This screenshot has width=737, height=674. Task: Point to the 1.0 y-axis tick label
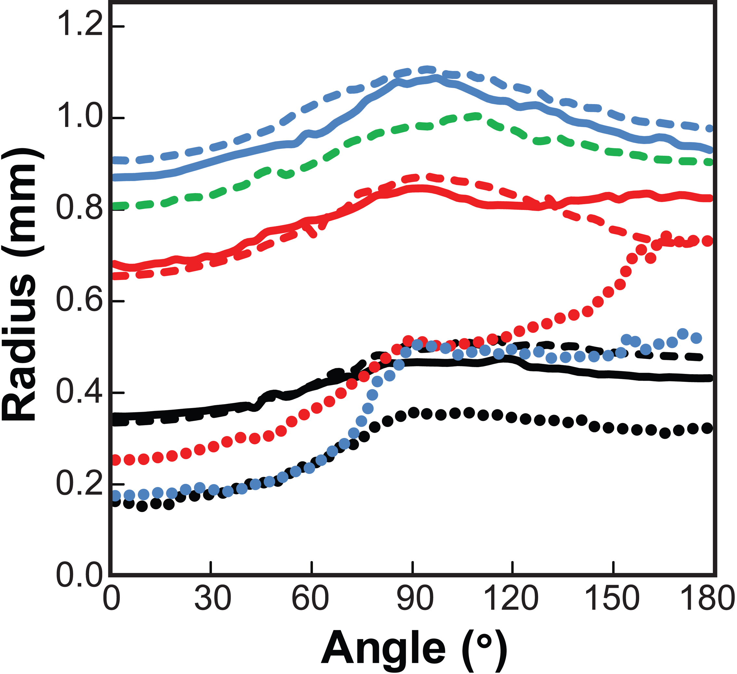pyautogui.click(x=78, y=118)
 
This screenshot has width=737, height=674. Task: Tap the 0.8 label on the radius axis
pyautogui.click(x=78, y=209)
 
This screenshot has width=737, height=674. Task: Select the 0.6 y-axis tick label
pyautogui.click(x=78, y=301)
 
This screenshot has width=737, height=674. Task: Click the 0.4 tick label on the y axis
pyautogui.click(x=78, y=392)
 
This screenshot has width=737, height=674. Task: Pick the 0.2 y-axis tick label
pyautogui.click(x=78, y=484)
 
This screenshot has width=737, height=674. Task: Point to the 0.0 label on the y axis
pyautogui.click(x=78, y=575)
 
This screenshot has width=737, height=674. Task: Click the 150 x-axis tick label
pyautogui.click(x=613, y=610)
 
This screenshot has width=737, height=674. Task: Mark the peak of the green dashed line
pyautogui.click(x=475, y=117)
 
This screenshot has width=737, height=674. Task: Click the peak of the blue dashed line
pyautogui.click(x=427, y=69)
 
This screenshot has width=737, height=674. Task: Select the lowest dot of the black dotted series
pyautogui.click(x=143, y=507)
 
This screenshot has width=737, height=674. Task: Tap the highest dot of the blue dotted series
pyautogui.click(x=682, y=334)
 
